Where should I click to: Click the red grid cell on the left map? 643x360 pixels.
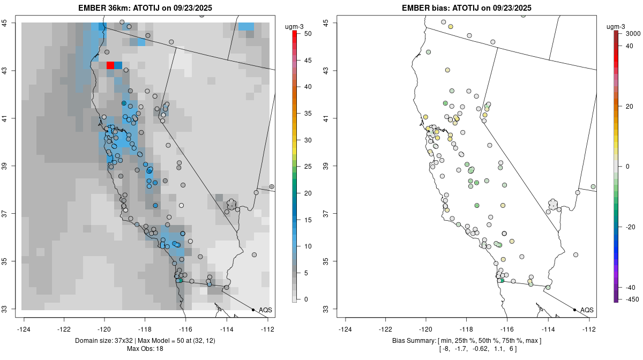click(x=110, y=65)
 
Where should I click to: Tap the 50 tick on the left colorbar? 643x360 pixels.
click(x=304, y=33)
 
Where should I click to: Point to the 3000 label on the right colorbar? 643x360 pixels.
click(x=633, y=33)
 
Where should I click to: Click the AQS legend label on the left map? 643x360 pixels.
click(x=265, y=310)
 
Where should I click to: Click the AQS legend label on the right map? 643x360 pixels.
click(x=587, y=310)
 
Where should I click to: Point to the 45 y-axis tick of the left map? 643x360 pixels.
click(x=11, y=22)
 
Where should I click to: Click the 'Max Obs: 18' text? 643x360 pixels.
click(x=145, y=349)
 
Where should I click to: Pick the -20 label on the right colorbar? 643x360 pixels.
click(x=631, y=227)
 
